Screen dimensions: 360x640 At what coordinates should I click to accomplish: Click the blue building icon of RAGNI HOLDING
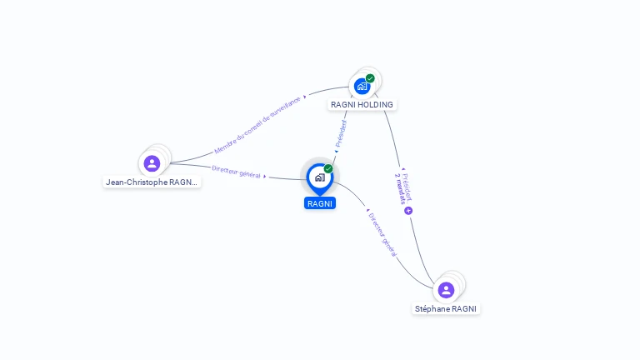[362, 86]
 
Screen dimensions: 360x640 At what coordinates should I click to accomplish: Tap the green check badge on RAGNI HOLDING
[370, 78]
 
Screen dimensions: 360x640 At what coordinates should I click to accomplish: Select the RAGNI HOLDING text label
[362, 105]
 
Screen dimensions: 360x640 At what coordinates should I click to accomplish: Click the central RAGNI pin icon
[319, 177]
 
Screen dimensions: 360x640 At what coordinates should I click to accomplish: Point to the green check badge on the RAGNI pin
[328, 169]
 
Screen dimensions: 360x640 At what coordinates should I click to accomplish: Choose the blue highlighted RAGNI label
[320, 203]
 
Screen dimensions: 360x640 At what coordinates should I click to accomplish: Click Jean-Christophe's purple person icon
[152, 163]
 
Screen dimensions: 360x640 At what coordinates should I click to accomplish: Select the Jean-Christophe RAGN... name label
[152, 182]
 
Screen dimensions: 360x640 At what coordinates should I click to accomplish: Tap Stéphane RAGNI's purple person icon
[446, 290]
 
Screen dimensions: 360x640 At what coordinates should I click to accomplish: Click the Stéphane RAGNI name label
[447, 308]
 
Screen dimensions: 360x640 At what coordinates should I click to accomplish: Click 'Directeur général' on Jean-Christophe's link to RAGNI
[236, 172]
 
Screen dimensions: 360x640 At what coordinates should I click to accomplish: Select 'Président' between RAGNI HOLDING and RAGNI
[341, 133]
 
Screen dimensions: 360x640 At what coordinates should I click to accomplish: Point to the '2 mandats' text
[401, 191]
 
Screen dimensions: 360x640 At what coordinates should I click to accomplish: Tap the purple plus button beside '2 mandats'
[408, 211]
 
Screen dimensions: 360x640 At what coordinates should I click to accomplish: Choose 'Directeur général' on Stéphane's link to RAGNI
[382, 234]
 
